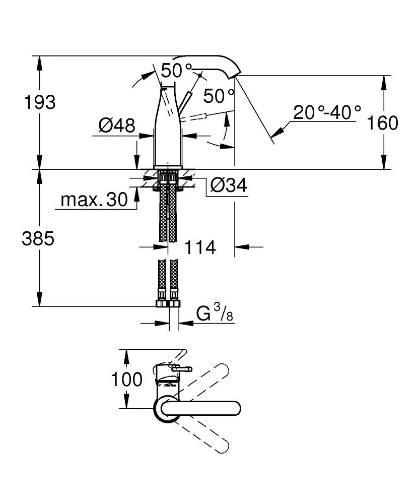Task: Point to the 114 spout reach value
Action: tap(200, 247)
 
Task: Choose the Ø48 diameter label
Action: tap(117, 125)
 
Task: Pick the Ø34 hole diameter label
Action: tap(228, 186)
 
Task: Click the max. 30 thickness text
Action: tap(94, 200)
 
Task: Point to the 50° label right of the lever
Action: tap(219, 95)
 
